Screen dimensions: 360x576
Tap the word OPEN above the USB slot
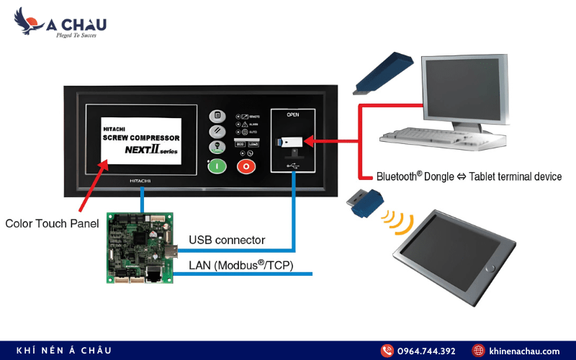pyautogui.click(x=292, y=114)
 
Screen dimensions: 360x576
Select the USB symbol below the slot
pyautogui.click(x=292, y=166)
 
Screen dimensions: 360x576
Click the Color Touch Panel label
pyautogui.click(x=52, y=223)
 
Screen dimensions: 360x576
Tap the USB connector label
pyautogui.click(x=227, y=240)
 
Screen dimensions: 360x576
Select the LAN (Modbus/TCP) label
pyautogui.click(x=241, y=265)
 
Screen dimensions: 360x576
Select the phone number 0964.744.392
pyautogui.click(x=428, y=351)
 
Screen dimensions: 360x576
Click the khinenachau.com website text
pyautogui.click(x=523, y=351)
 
